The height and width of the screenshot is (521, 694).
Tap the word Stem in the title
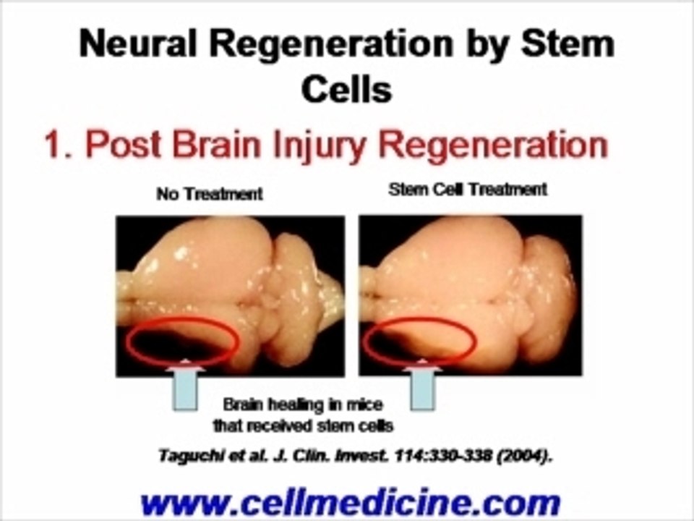point(567,44)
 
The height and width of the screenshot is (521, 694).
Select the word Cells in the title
point(346,89)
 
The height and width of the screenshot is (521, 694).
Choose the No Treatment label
point(210,194)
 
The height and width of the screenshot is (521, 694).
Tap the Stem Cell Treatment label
point(468,190)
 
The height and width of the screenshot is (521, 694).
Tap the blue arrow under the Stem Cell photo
point(423,384)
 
